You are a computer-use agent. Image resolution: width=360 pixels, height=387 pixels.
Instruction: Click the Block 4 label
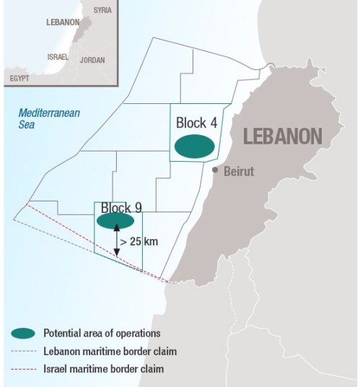click(x=196, y=123)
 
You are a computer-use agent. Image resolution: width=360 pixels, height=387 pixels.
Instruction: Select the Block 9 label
click(x=121, y=208)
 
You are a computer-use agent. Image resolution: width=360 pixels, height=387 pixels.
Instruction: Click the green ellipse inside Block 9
click(x=115, y=220)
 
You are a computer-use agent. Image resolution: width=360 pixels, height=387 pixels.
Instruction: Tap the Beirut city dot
click(x=214, y=170)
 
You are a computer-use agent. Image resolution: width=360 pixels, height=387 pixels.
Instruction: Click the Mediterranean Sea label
click(x=49, y=119)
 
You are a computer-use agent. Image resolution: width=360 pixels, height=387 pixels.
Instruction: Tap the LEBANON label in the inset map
click(x=62, y=22)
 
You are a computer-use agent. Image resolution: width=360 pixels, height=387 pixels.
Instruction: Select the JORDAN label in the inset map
click(x=92, y=61)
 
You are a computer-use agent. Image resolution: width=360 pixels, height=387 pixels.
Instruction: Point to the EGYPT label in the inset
click(x=19, y=76)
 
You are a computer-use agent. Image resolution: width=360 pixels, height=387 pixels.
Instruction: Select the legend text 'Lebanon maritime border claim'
click(x=110, y=352)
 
